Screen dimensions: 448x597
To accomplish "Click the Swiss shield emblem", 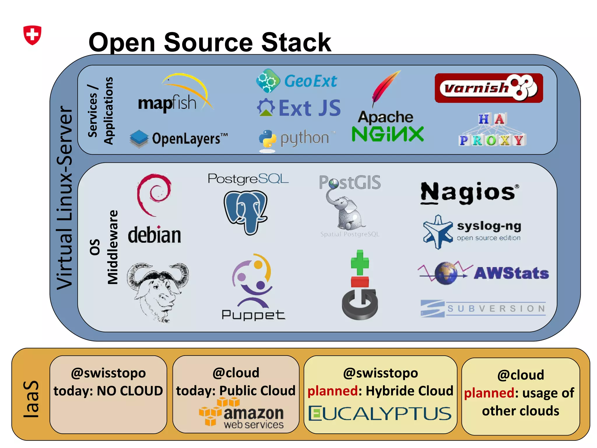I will coord(32,35).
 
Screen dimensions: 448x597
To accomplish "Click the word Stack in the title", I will coord(296,43).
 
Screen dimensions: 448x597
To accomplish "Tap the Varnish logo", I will coord(489,88).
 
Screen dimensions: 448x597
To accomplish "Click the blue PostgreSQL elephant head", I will coord(245,212).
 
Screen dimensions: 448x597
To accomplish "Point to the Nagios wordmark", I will coord(469,192).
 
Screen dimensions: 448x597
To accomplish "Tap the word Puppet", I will coord(253,315).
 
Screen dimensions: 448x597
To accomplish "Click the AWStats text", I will coord(511,273).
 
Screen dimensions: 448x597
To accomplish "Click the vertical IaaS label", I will coord(31,399).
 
